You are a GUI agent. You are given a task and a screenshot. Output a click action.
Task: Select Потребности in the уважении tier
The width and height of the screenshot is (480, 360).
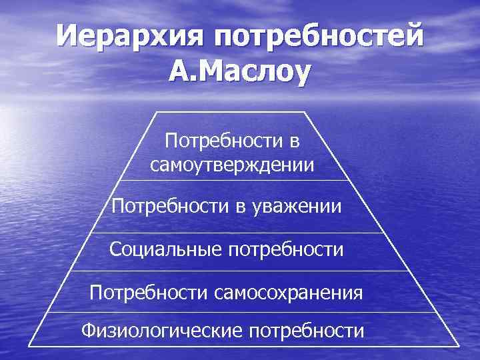[x=170, y=207]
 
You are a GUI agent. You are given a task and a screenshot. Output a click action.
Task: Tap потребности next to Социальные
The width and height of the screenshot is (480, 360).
[x=286, y=251]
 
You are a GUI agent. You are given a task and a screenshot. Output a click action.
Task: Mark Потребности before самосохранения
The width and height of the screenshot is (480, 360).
[x=149, y=293]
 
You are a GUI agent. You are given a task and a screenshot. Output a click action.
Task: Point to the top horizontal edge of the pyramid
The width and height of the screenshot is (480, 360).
[x=230, y=112]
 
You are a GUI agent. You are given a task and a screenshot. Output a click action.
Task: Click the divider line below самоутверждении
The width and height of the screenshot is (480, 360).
[x=233, y=181]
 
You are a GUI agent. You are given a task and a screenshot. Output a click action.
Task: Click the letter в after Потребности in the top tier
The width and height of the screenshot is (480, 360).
[x=293, y=141]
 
